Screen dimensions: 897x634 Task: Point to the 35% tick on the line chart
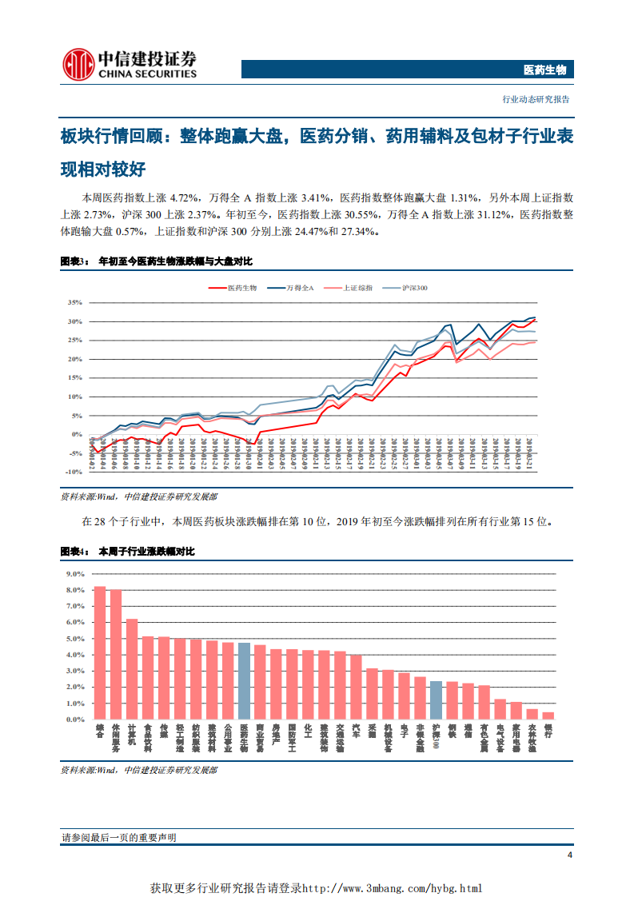click(x=75, y=303)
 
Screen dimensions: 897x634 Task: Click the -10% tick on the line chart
click(x=74, y=472)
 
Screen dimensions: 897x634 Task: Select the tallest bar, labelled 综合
click(x=100, y=652)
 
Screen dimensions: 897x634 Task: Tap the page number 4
click(x=569, y=855)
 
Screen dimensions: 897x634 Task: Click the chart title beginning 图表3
click(x=157, y=261)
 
